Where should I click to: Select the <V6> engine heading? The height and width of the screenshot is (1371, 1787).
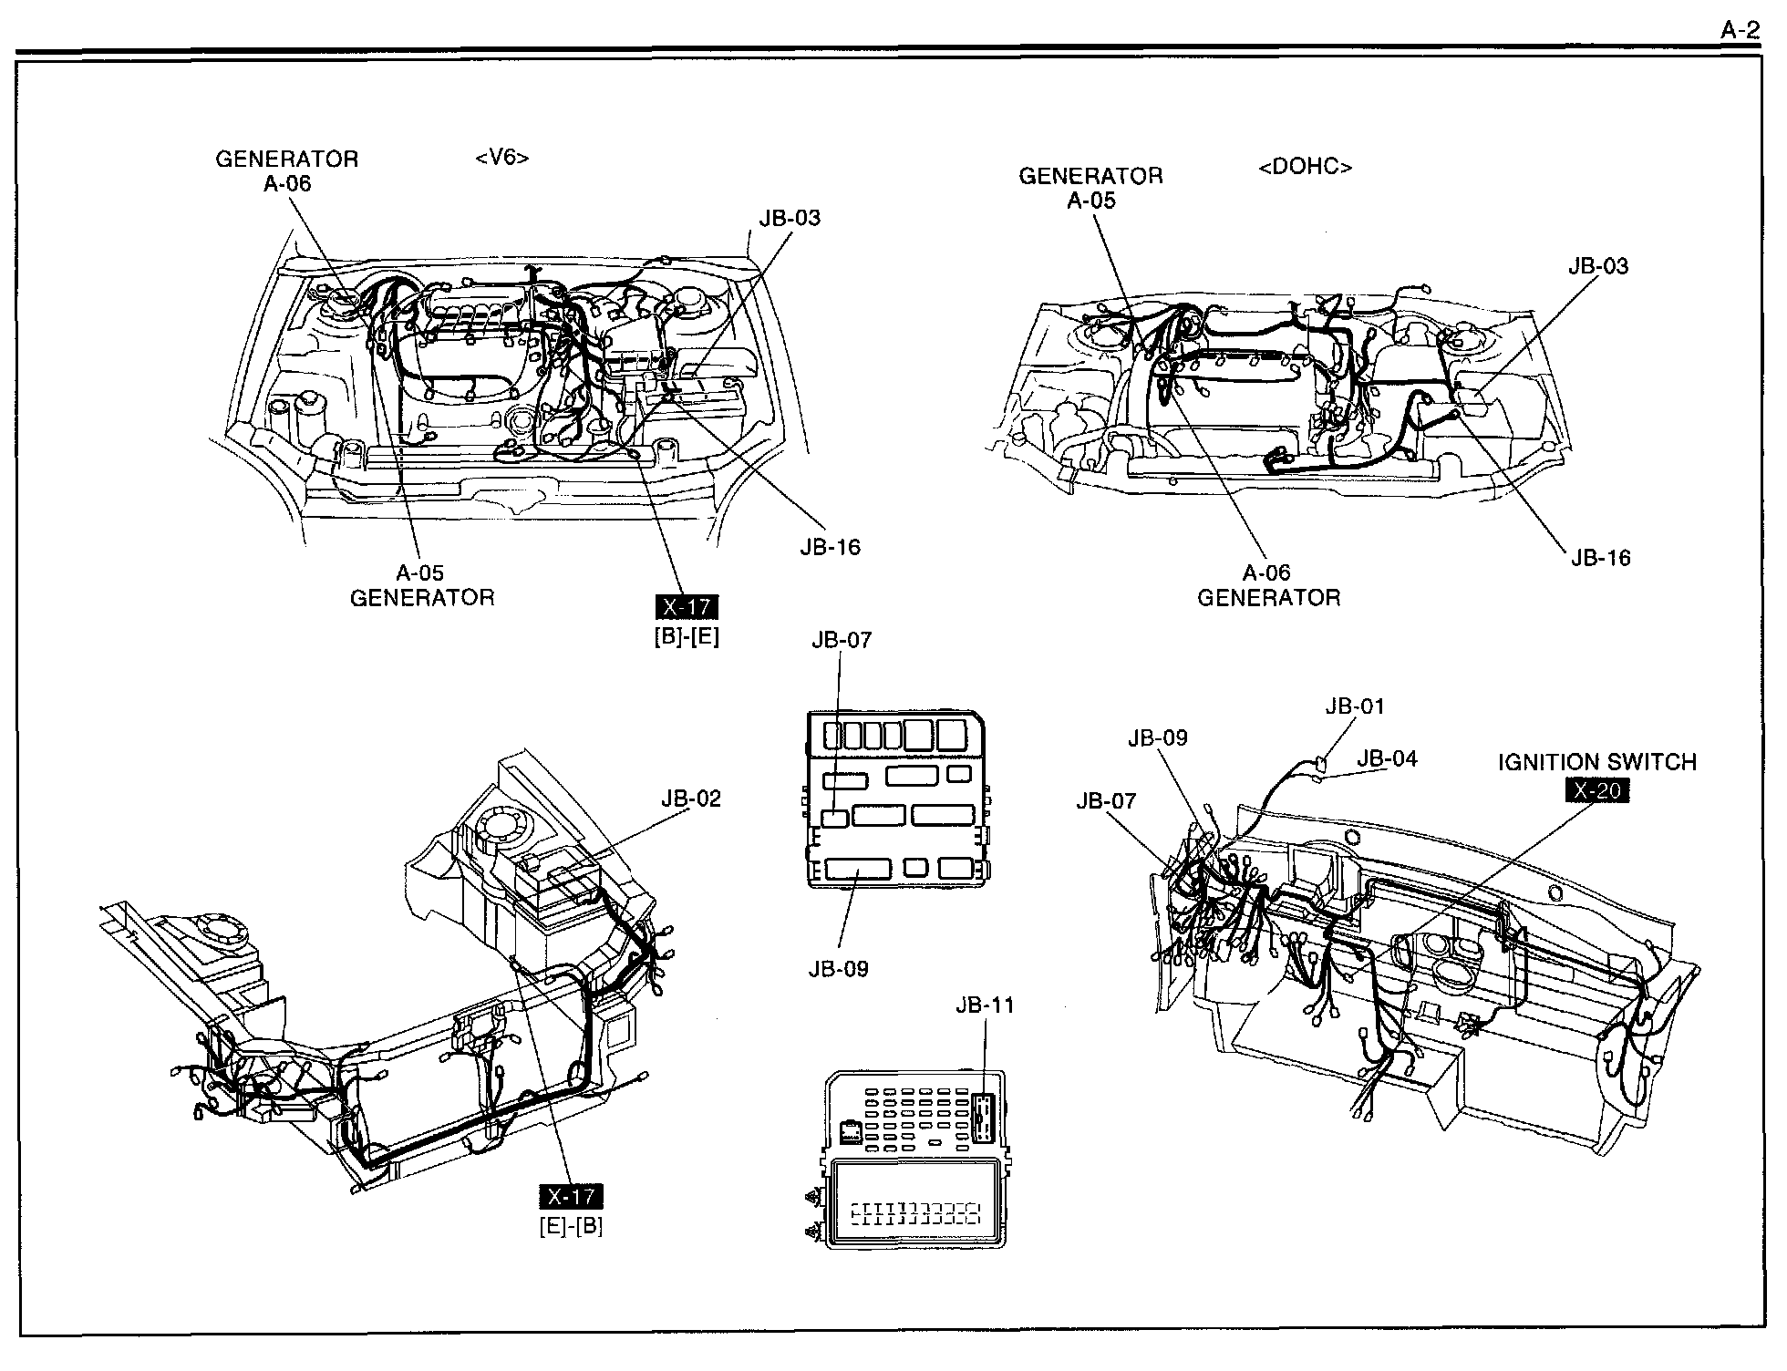[501, 158]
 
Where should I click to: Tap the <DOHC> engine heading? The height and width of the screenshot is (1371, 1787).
[1305, 167]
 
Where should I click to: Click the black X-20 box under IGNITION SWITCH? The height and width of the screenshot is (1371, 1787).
[1596, 790]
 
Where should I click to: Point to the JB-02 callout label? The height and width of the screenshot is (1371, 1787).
[690, 799]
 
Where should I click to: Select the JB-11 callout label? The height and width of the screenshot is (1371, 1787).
[985, 1005]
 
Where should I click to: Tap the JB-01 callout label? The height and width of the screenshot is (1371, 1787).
[1355, 706]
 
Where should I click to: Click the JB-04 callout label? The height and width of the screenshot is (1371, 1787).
[1387, 758]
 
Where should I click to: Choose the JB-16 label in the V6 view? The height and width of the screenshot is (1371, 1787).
[830, 547]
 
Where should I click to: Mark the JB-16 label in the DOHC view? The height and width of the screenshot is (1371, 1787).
[1600, 558]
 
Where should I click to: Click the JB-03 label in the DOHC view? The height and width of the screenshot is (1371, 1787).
[1598, 266]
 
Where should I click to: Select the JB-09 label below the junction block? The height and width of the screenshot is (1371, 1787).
[838, 969]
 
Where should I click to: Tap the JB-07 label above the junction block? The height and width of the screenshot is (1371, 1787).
[842, 640]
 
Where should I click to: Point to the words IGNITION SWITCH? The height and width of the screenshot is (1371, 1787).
[1597, 762]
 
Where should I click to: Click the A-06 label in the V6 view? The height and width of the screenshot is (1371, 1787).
[287, 183]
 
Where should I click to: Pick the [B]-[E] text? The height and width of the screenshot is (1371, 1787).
[687, 637]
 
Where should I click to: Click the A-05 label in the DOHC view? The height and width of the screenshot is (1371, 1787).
[1090, 201]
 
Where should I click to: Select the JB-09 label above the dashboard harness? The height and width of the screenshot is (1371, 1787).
[1158, 737]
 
